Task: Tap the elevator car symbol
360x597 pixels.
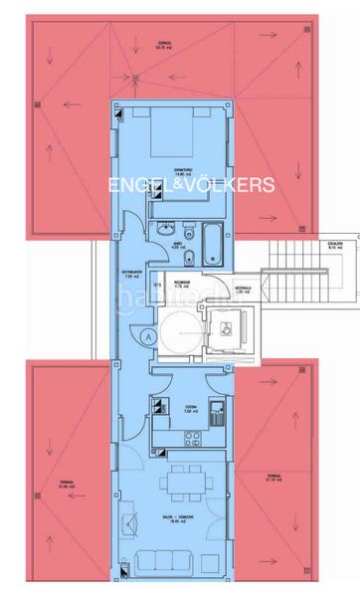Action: coord(229,327)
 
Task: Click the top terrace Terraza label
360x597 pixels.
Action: coord(165,45)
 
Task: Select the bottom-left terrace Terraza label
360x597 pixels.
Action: coord(67,483)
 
